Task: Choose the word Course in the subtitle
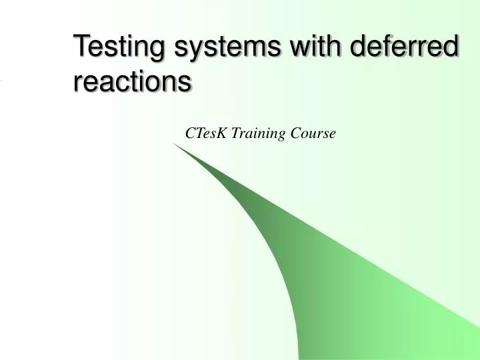click(313, 133)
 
